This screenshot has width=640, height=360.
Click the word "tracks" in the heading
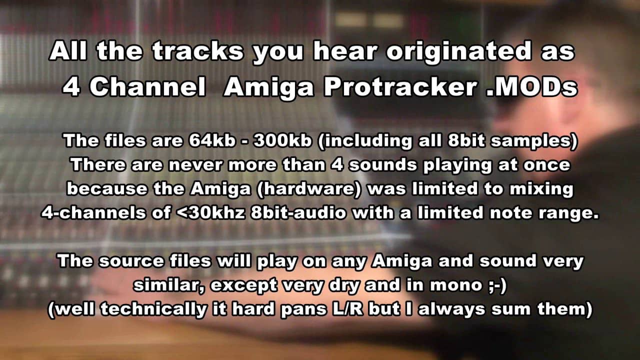[197, 51]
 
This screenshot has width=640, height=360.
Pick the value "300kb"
[282, 140]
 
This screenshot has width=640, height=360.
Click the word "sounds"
[383, 165]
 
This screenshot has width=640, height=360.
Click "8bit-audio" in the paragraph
[297, 213]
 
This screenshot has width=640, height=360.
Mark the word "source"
[131, 261]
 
